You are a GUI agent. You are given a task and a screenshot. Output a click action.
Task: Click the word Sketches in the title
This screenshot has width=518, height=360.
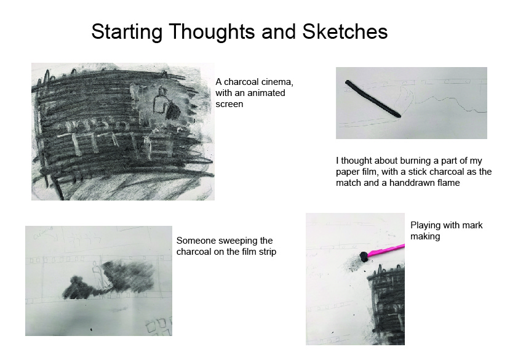345,32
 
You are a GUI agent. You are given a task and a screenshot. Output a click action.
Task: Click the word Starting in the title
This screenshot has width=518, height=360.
127,33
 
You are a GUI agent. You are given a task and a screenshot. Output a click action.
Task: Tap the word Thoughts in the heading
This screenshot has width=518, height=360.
212,33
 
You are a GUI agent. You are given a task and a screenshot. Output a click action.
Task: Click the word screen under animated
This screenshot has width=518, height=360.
229,104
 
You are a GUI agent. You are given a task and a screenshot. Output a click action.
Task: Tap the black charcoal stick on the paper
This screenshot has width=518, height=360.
373,99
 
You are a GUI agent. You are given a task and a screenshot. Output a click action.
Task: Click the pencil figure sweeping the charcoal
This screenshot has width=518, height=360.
97,275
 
